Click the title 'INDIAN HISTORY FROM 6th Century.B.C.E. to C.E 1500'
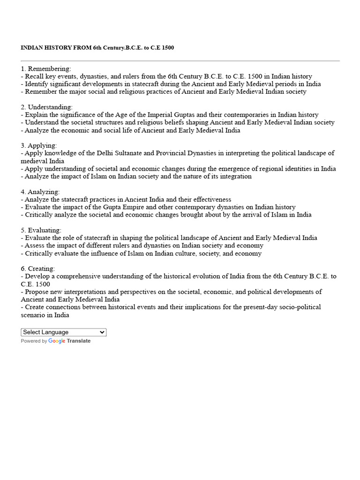(97, 48)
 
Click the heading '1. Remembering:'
(46, 69)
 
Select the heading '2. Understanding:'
(47, 107)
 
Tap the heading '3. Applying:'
(39, 146)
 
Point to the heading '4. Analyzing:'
(40, 192)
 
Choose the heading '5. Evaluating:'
(41, 230)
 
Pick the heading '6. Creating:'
(38, 269)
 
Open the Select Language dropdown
(64, 332)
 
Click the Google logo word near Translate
(57, 341)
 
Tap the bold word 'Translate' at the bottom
(79, 341)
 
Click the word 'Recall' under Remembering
(35, 76)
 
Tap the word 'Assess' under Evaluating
(36, 246)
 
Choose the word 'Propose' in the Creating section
(37, 292)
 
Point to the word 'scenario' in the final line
(34, 315)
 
